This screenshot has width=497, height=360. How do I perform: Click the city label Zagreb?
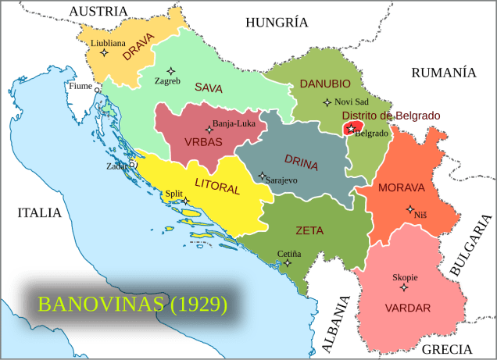[168, 80]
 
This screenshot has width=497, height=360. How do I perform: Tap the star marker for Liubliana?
[105, 53]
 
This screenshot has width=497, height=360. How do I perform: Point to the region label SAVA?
[209, 87]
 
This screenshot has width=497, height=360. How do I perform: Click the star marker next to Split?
[186, 201]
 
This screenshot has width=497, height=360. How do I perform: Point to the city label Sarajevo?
[282, 180]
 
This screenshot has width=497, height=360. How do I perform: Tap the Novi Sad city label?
[351, 102]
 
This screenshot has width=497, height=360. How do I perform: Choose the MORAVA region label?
[401, 188]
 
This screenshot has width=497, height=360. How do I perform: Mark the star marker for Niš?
[410, 209]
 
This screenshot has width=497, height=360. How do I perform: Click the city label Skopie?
[405, 277]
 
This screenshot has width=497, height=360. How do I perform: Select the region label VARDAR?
[407, 308]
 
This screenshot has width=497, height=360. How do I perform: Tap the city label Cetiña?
[289, 254]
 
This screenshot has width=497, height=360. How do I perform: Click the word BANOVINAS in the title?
[102, 304]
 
